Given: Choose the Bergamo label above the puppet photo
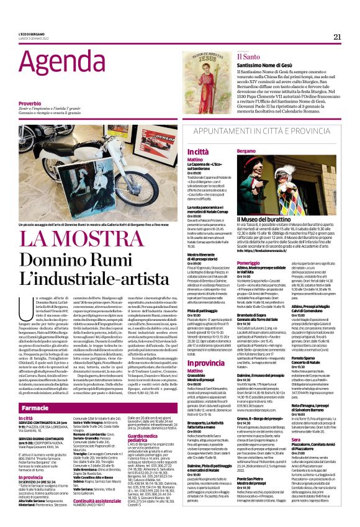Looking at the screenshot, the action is click(x=246, y=151).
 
